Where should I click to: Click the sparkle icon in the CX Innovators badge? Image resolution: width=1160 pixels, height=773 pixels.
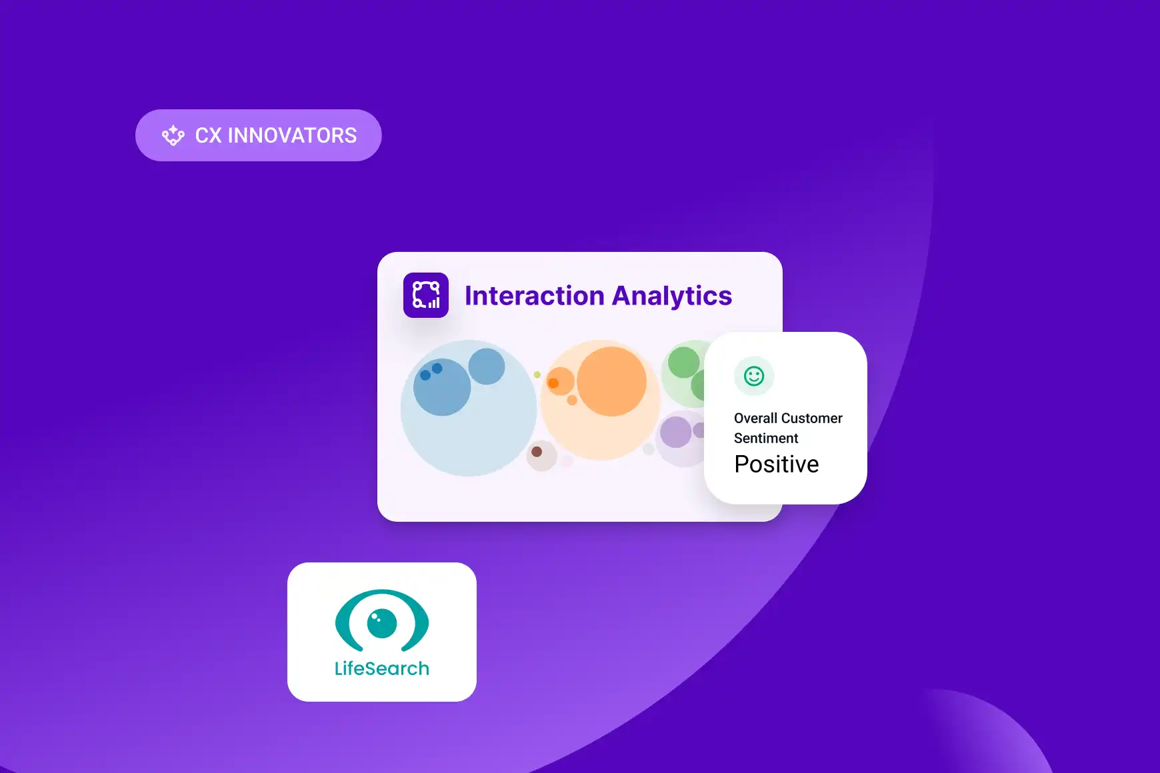(x=173, y=135)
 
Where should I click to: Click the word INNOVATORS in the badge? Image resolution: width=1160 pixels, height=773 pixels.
(x=292, y=135)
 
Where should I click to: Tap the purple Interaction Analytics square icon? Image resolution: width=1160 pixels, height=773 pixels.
(x=426, y=295)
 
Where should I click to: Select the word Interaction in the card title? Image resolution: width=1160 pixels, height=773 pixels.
(x=534, y=296)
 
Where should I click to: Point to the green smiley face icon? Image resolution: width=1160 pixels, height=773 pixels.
(x=754, y=376)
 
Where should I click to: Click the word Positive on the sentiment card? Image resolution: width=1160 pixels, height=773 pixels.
(x=777, y=464)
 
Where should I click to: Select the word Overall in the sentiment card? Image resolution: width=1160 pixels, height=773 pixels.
(x=755, y=418)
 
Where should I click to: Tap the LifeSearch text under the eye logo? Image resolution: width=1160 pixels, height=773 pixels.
(x=382, y=668)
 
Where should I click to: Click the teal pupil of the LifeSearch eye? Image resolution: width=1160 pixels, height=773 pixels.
(x=382, y=624)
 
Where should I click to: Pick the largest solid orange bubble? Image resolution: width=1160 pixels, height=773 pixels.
(x=611, y=381)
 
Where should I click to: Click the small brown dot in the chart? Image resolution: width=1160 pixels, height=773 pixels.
(x=537, y=452)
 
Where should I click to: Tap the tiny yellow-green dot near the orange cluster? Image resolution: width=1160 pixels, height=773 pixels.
(x=537, y=375)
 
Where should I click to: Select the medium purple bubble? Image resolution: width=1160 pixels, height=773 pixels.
(x=675, y=432)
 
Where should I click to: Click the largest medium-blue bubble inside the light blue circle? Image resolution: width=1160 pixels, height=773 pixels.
(x=442, y=387)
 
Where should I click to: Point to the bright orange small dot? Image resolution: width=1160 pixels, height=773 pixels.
(x=553, y=383)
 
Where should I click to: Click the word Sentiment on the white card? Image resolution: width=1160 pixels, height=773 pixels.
(x=766, y=438)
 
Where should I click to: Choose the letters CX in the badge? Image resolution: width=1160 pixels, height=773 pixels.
(x=208, y=135)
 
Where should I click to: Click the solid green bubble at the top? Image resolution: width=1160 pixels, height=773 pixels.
(x=683, y=363)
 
